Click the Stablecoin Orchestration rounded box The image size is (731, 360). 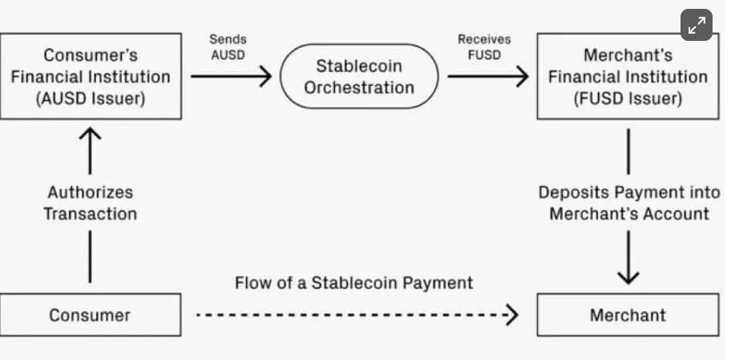click(359, 77)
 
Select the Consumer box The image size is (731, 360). click(90, 315)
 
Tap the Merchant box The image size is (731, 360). click(628, 315)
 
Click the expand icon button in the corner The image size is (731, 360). click(696, 25)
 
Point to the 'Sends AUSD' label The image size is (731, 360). click(228, 47)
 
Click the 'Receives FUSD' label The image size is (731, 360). click(484, 47)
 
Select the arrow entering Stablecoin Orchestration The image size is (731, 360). click(232, 77)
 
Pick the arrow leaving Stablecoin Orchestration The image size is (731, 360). click(487, 77)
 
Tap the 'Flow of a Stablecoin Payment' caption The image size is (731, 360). click(353, 283)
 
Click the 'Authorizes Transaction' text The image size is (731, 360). click(90, 203)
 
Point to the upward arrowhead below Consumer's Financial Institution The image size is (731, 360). click(90, 136)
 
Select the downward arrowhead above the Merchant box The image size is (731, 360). click(628, 274)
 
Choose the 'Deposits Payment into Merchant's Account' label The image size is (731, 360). click(628, 203)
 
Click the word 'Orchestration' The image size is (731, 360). click(359, 87)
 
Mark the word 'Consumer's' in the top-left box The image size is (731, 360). click(90, 55)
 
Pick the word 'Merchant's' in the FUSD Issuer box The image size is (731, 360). click(628, 55)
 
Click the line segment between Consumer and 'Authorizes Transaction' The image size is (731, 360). click(90, 257)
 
